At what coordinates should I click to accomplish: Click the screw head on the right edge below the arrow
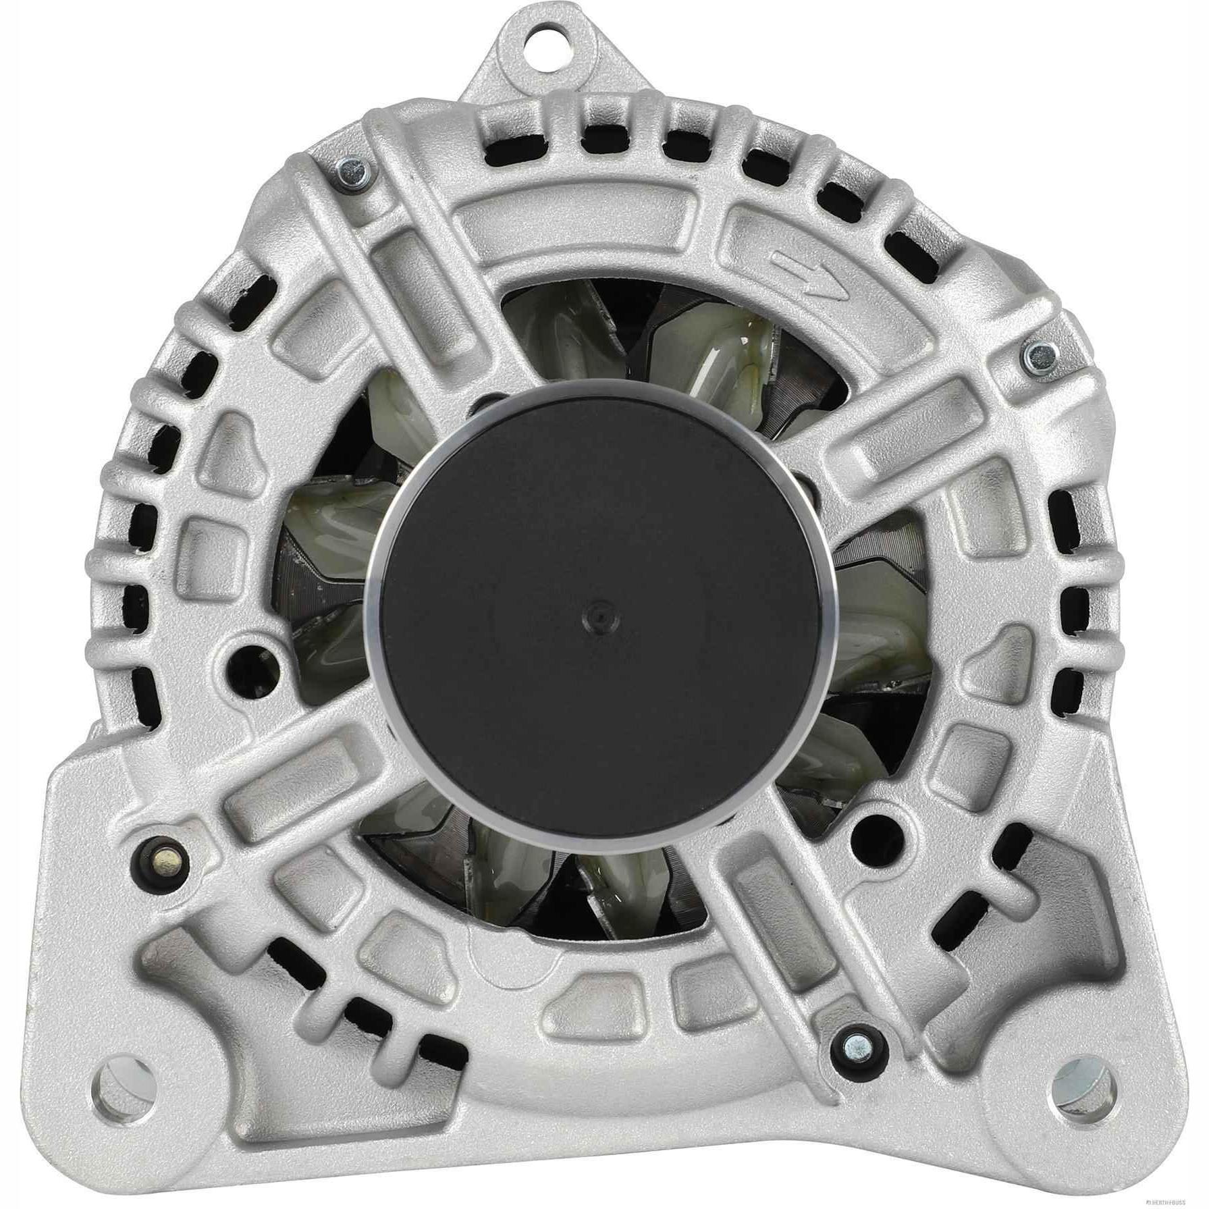[1038, 354]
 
